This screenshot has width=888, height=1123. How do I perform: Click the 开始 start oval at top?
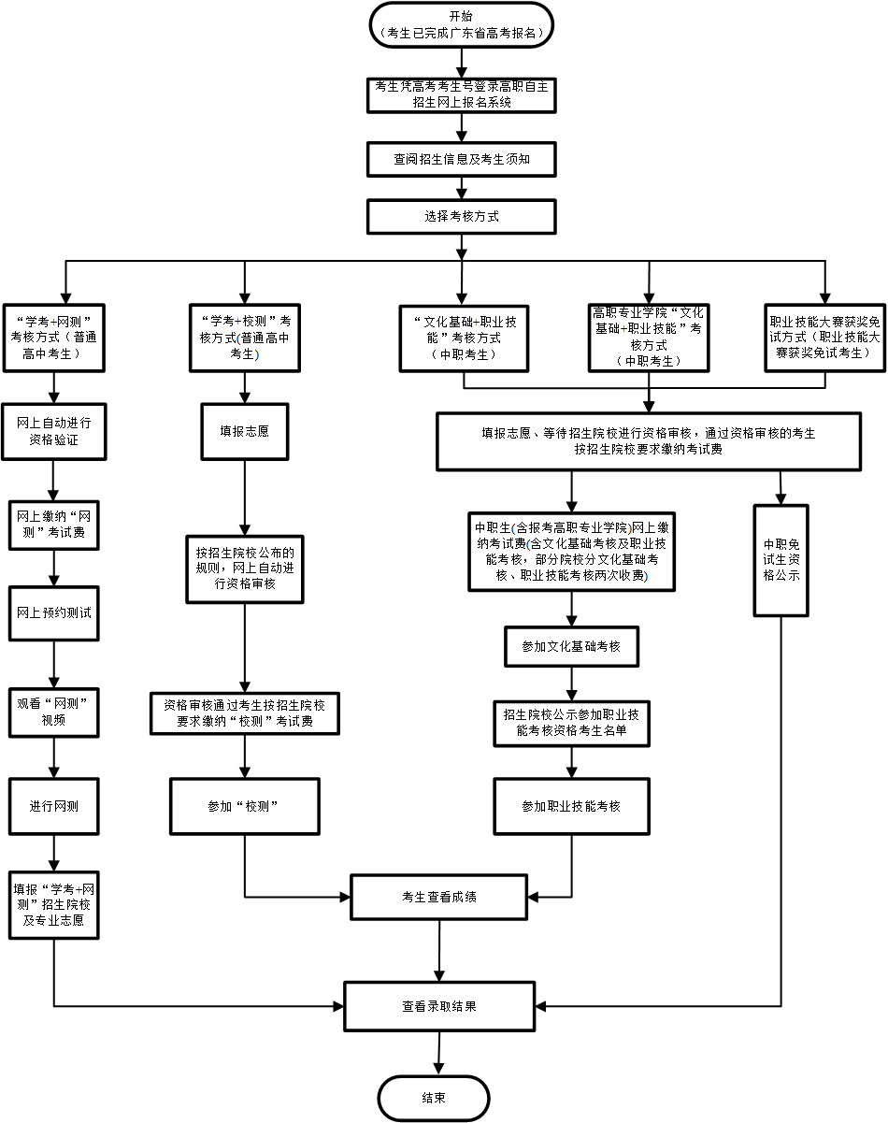click(x=462, y=24)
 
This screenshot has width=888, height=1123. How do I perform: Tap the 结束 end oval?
click(x=434, y=1098)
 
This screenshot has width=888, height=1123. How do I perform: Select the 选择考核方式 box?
click(x=462, y=216)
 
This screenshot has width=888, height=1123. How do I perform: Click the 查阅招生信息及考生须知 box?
click(x=462, y=159)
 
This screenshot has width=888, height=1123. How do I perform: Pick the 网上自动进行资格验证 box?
click(x=54, y=431)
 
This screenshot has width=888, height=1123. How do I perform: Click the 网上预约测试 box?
click(x=54, y=612)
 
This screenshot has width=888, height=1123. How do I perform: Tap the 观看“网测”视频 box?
click(x=54, y=712)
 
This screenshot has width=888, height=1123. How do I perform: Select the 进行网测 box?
click(x=54, y=805)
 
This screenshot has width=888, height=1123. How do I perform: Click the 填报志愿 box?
click(x=245, y=431)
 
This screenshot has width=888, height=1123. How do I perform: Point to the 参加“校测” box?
click(x=245, y=805)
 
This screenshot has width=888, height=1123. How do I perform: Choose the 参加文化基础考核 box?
click(x=572, y=646)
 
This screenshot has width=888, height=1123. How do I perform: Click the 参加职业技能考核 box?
click(x=572, y=805)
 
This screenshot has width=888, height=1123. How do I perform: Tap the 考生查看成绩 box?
click(x=439, y=897)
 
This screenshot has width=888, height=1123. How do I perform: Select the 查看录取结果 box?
click(x=439, y=1006)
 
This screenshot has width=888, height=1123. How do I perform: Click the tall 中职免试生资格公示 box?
click(x=781, y=560)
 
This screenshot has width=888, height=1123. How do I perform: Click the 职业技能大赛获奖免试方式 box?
click(x=824, y=338)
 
